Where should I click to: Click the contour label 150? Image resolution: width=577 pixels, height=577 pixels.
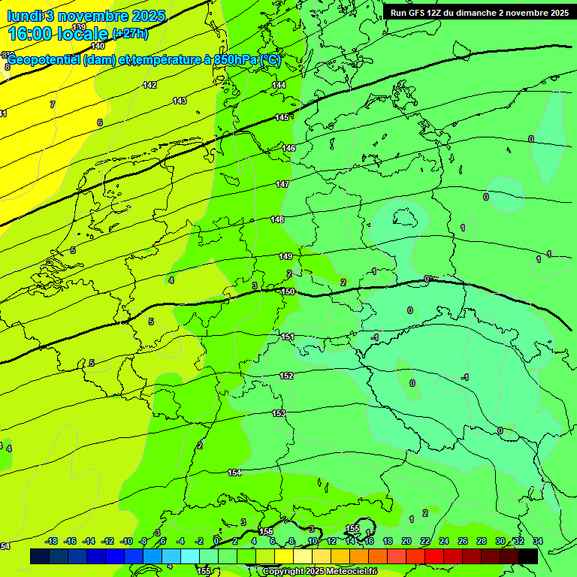[x=288, y=292]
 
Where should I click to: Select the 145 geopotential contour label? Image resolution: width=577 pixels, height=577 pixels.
[x=282, y=117]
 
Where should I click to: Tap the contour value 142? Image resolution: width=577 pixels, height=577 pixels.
[x=150, y=85]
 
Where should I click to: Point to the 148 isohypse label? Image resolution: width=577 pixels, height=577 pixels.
[x=278, y=219]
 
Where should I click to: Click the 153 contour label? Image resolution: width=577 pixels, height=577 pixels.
[x=279, y=413]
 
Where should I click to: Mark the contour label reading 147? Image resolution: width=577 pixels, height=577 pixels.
[x=282, y=184]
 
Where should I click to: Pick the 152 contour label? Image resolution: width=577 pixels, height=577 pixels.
[x=286, y=376]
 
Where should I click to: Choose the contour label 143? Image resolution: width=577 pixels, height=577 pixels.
[x=180, y=101]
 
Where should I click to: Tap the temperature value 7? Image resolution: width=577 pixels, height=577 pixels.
[x=53, y=104]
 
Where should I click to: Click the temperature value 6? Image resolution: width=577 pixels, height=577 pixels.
[x=99, y=122]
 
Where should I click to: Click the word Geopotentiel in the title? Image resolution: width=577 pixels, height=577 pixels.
[x=44, y=60]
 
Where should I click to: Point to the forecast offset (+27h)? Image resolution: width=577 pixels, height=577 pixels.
[x=129, y=34]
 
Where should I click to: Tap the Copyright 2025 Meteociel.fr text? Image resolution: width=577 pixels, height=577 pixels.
[x=319, y=572]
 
